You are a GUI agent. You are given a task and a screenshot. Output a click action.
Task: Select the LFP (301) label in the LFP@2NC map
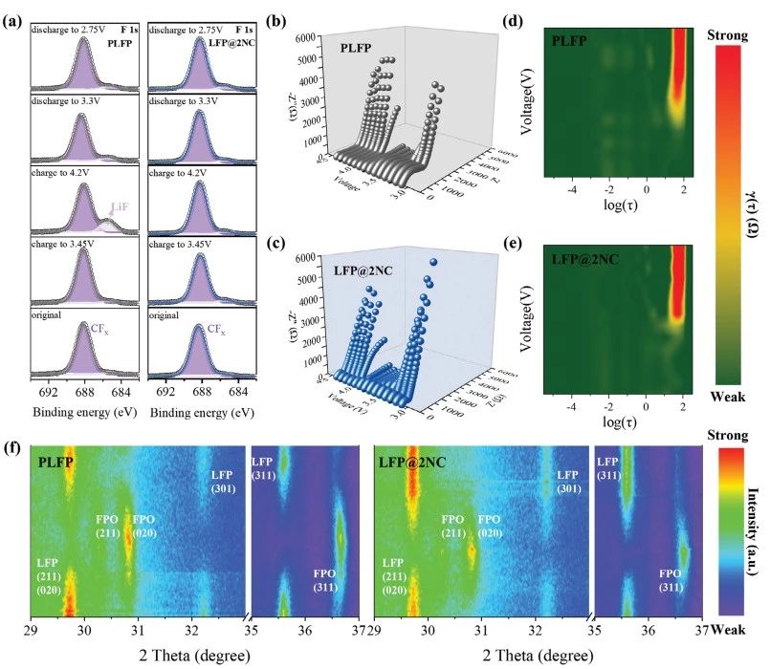tap(567, 482)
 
